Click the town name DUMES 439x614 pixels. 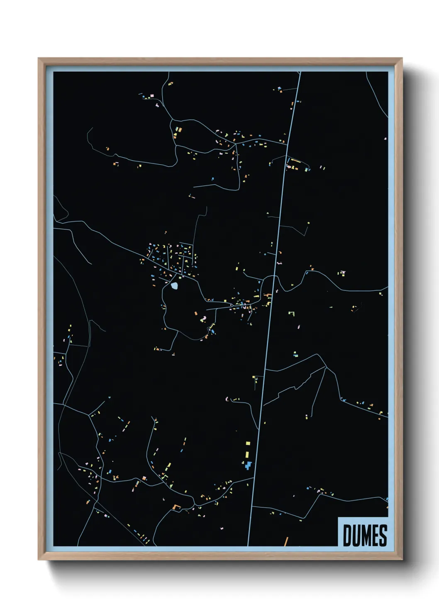tap(365, 535)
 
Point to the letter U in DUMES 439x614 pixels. tap(356, 535)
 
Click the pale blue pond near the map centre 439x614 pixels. tap(175, 285)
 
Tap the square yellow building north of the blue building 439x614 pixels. tap(248, 443)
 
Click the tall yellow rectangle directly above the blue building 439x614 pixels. tap(248, 452)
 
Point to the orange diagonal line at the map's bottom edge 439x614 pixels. tap(286, 541)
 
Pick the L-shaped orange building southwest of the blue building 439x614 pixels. tap(176, 507)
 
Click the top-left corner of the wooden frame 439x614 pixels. tap(39, 58)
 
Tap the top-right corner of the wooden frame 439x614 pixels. tap(402, 58)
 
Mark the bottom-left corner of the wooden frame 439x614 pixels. tap(39, 560)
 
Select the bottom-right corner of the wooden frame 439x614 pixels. tap(402, 560)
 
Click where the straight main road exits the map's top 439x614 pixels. tap(300, 72)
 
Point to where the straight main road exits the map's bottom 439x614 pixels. tap(248, 545)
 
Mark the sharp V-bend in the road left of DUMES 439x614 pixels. tap(305, 518)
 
